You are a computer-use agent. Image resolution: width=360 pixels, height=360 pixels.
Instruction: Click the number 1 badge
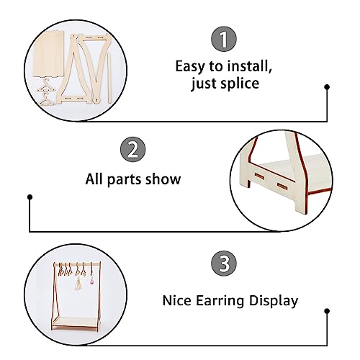pyautogui.click(x=224, y=39)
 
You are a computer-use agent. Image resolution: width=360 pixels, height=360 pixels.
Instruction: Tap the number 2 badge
pyautogui.click(x=132, y=150)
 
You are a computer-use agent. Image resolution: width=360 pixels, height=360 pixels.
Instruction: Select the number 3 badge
pyautogui.click(x=224, y=264)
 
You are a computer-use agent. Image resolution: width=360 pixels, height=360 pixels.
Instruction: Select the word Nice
pyautogui.click(x=176, y=300)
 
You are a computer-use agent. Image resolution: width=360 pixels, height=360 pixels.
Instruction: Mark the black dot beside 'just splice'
pyautogui.click(x=327, y=87)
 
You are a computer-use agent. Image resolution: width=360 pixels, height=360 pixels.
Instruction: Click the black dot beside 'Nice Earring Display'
pyautogui.click(x=327, y=311)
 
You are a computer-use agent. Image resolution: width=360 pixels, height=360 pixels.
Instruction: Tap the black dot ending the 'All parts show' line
pyautogui.click(x=30, y=197)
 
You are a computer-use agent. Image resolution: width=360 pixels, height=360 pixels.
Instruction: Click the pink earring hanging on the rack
pyautogui.click(x=91, y=280)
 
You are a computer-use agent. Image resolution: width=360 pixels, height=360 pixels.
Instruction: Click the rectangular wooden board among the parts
pyautogui.click(x=49, y=54)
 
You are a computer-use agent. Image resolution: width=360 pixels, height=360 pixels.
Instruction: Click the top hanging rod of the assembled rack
pyautogui.click(x=77, y=264)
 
